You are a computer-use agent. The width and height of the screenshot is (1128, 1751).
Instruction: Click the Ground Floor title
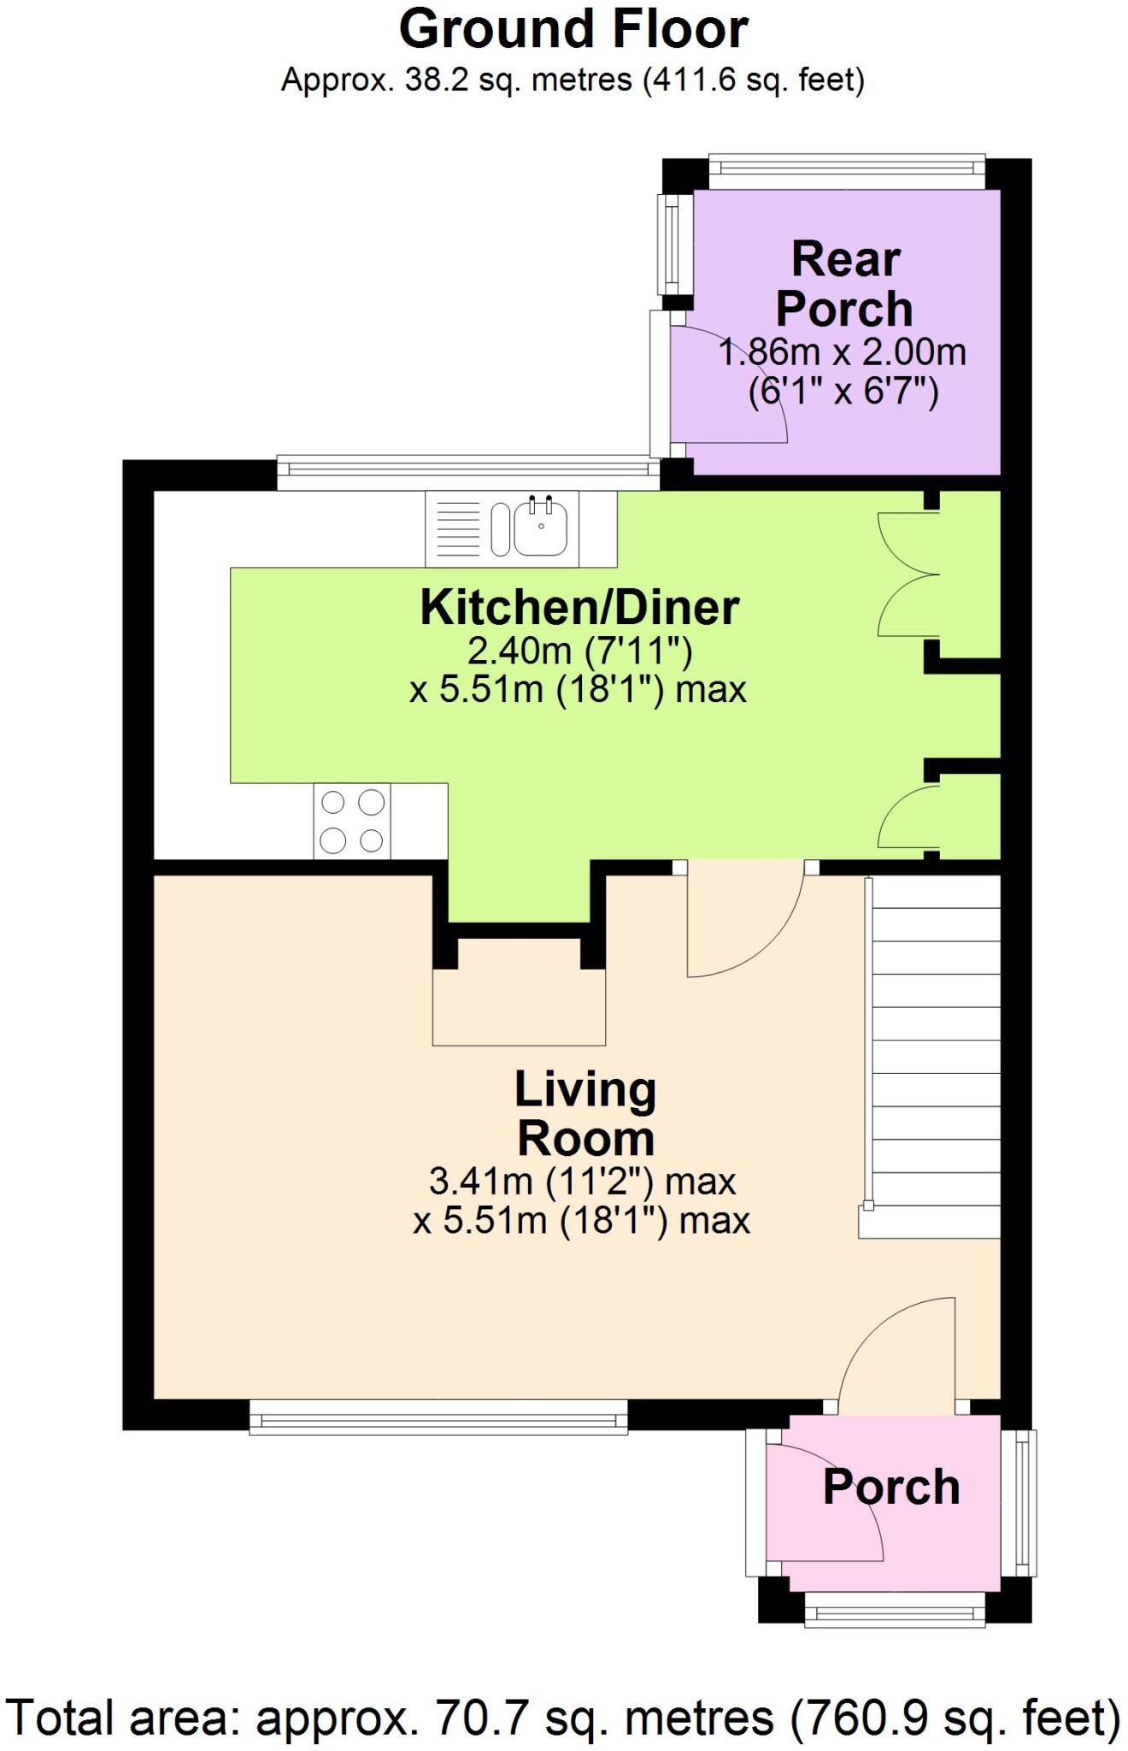coord(573,29)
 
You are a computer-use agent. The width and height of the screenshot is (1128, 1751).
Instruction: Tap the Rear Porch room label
coord(845,284)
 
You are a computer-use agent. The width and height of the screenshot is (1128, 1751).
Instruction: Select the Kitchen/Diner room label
coord(579,608)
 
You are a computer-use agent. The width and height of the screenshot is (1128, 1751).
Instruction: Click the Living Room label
coord(585,1114)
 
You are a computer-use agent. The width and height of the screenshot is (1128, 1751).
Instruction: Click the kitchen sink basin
coord(540,528)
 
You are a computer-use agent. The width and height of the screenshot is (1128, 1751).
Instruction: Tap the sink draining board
coord(459,528)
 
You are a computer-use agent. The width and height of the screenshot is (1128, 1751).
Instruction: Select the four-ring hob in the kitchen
coord(352,821)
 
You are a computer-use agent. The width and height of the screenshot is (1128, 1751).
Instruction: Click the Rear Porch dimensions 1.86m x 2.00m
coord(843,352)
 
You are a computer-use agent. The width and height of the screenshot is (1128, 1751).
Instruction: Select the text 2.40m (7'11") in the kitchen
coord(579,651)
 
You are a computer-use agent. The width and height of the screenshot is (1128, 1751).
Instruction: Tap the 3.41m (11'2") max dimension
coord(582,1182)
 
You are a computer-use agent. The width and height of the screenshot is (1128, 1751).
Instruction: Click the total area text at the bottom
coord(564,1718)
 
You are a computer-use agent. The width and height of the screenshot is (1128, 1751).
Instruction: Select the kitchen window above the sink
coord(468,474)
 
